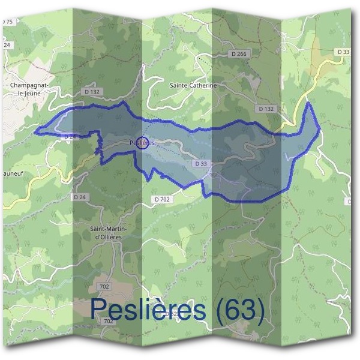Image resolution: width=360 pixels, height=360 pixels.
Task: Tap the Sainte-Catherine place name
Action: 193,86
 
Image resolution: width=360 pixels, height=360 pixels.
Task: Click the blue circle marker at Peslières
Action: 143,142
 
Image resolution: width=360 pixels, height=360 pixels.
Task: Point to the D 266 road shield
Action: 238,54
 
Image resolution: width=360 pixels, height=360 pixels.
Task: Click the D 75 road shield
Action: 7,22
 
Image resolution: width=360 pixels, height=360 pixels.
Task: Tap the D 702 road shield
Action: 162,199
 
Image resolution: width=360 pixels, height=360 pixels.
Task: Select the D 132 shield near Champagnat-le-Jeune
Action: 92,91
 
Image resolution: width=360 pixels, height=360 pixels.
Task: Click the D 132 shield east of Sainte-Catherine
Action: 266,109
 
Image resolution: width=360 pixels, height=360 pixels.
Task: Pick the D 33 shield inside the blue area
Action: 201,163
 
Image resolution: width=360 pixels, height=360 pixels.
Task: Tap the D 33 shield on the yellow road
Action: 343,52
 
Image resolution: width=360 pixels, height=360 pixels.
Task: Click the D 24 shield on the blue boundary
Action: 70,137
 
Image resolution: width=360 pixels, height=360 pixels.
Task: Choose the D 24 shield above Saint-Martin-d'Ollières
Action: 80,197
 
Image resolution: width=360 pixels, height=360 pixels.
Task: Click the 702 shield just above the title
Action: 104,287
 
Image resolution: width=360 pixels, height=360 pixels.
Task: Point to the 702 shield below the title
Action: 108,322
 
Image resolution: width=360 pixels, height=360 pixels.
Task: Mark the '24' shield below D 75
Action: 7,45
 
